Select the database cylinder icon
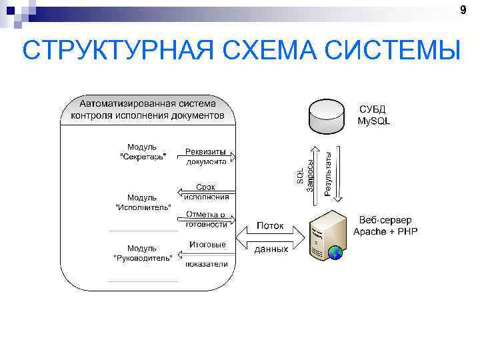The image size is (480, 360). click(327, 116)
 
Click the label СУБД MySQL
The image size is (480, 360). click(373, 115)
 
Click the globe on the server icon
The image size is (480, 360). click(335, 252)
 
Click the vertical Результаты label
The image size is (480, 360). click(328, 173)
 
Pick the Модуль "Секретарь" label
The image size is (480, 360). click(142, 151)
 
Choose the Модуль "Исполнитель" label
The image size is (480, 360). click(142, 202)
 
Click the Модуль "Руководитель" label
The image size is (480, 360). click(142, 252)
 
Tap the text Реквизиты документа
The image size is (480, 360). click(206, 156)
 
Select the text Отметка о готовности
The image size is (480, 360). click(206, 219)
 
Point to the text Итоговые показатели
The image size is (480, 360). click(207, 253)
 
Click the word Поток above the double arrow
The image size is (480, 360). click(270, 226)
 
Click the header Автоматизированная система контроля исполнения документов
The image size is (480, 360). click(148, 109)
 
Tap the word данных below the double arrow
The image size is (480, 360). click(271, 249)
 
